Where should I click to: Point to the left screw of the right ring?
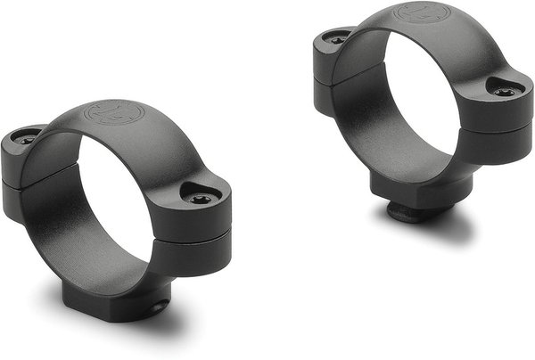point(336,39)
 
